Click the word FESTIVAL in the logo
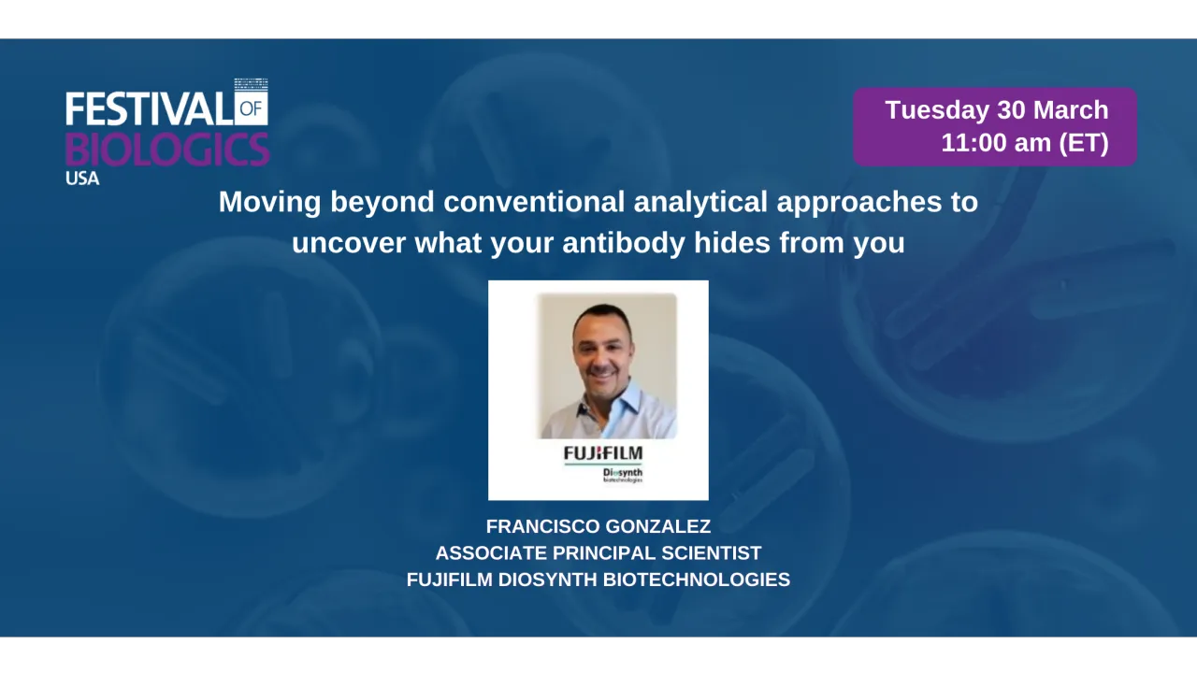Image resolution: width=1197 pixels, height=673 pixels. [x=148, y=109]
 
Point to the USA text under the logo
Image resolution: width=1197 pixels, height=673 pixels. [x=82, y=178]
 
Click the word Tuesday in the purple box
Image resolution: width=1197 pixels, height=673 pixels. [x=937, y=110]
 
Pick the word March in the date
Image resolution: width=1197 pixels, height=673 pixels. [x=1072, y=110]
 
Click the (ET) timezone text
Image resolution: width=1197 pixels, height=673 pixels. [x=1083, y=144]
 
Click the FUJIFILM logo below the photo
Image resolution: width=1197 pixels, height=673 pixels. [x=603, y=453]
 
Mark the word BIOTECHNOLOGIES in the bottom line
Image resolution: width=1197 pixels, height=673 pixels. [x=697, y=580]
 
